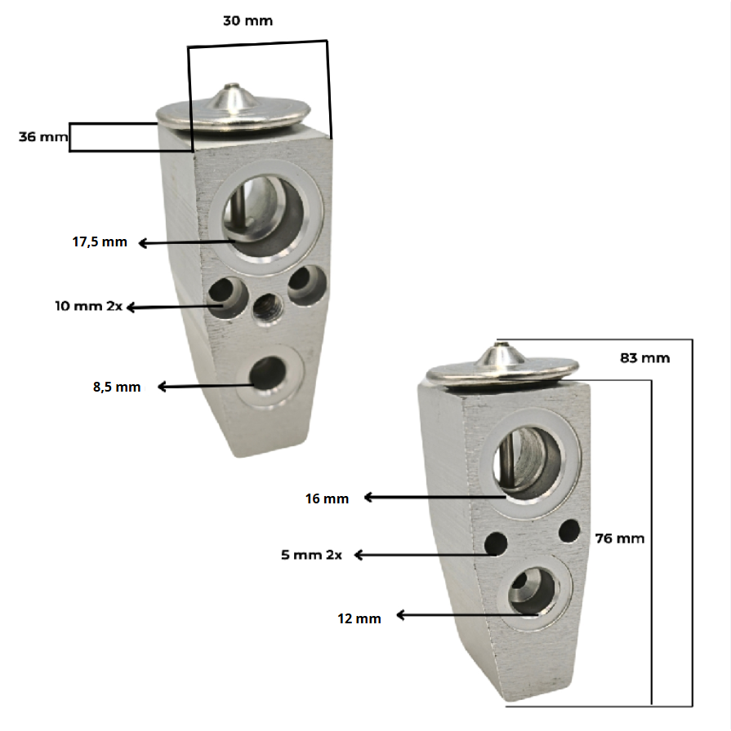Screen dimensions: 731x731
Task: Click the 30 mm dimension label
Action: point(247,21)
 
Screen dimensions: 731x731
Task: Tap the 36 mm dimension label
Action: point(43,136)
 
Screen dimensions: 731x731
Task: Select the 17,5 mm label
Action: point(100,242)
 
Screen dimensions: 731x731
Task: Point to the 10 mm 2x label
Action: point(89,306)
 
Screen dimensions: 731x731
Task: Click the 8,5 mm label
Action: point(117,387)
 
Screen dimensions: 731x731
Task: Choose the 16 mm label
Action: point(327,498)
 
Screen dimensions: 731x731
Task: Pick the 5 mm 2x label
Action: point(311,555)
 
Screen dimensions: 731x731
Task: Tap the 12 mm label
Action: point(359,618)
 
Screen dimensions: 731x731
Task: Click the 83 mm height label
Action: point(644,358)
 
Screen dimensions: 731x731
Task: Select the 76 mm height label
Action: point(619,538)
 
